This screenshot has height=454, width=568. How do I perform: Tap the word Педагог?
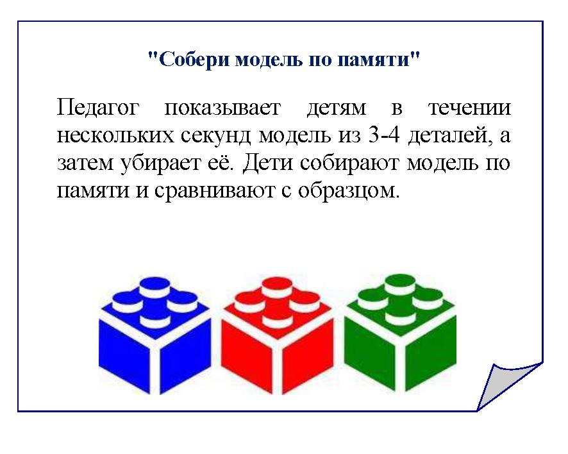[98, 108]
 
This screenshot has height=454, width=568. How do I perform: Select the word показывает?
[223, 108]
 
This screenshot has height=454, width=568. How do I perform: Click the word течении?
[469, 108]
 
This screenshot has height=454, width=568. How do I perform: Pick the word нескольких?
[115, 136]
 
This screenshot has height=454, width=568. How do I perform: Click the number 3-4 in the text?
[383, 135]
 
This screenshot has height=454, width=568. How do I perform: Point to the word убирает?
[160, 163]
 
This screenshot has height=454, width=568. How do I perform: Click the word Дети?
[268, 164]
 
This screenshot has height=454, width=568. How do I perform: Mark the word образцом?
[348, 190]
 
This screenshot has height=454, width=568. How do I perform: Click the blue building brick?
[155, 336]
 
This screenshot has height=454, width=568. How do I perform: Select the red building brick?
[277, 336]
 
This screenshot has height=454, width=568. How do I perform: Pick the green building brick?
[400, 333]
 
